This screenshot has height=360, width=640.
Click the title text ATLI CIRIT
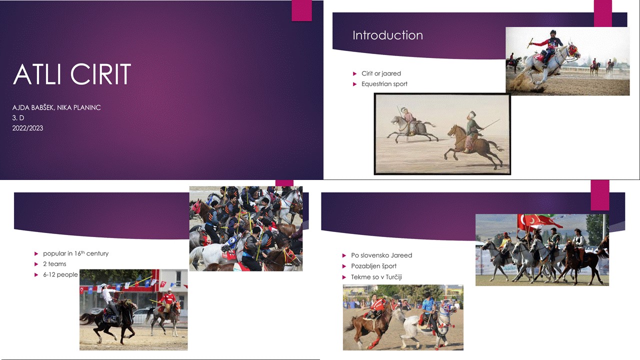click(72, 74)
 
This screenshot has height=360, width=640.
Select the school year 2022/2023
click(27, 128)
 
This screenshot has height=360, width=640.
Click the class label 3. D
click(18, 117)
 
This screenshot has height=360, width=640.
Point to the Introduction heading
click(387, 35)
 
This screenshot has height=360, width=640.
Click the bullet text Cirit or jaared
click(381, 73)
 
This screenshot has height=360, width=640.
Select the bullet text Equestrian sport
click(384, 84)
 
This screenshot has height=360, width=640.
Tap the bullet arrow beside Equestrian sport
click(355, 84)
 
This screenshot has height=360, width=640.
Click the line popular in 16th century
click(75, 253)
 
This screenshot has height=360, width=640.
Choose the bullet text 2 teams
click(54, 264)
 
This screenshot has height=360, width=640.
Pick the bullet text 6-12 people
click(60, 275)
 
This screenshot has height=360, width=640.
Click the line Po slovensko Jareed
click(381, 255)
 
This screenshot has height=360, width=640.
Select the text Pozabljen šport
click(373, 266)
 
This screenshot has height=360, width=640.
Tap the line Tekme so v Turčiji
click(376, 277)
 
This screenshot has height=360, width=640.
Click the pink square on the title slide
click(301, 10)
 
